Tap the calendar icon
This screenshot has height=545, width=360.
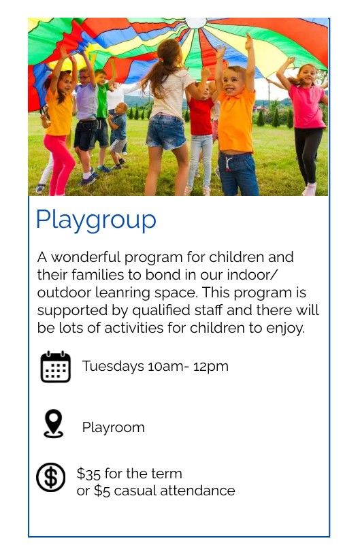56,366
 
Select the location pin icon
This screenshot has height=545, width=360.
54,423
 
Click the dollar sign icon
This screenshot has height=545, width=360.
51,477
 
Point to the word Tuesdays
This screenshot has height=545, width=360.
113,366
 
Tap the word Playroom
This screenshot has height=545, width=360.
113,428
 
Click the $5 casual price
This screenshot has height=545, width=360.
102,491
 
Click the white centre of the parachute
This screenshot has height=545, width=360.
195,22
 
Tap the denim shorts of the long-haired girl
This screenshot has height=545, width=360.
166,132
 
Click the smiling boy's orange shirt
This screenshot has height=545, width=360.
236,120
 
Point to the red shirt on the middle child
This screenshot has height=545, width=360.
201,116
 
